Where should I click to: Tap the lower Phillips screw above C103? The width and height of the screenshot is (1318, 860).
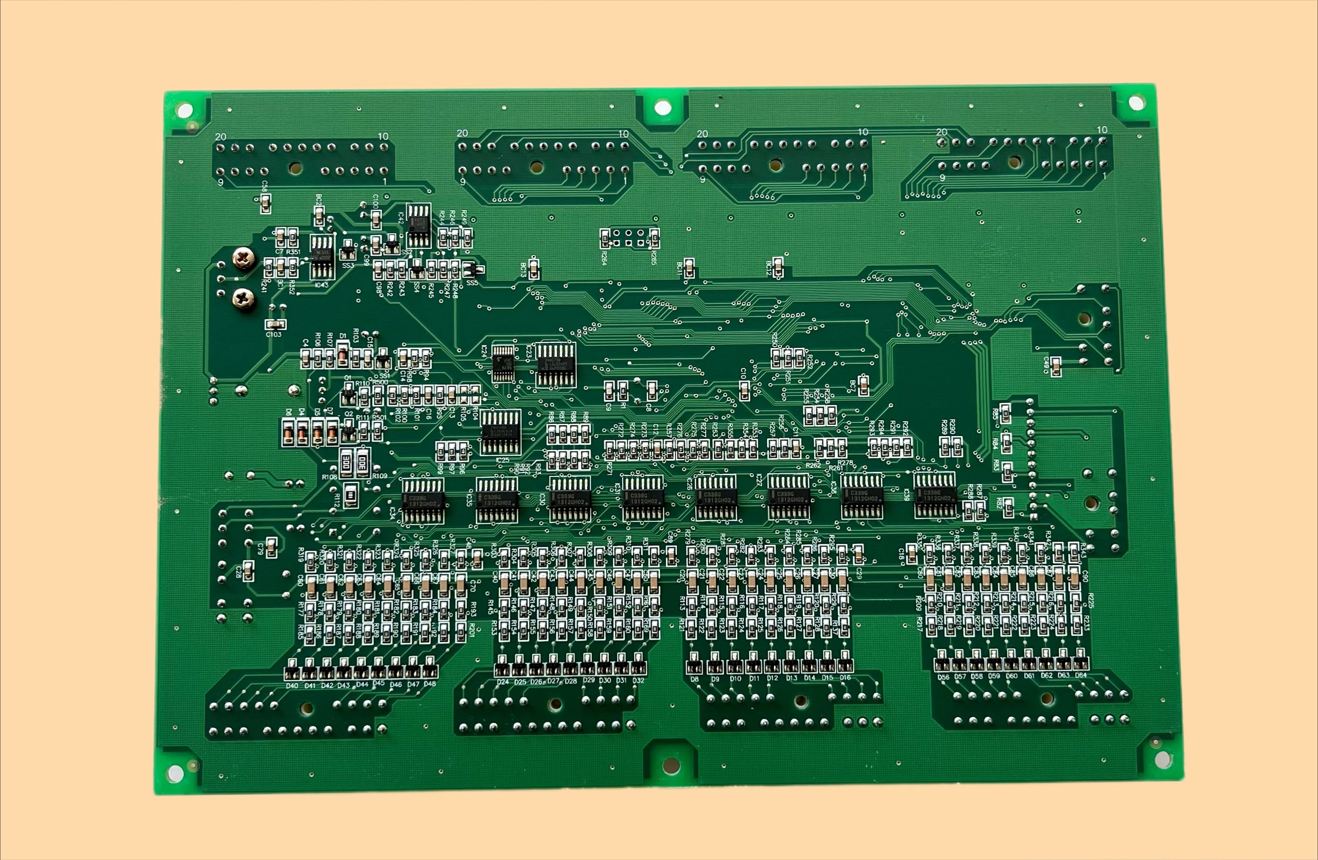(x=244, y=299)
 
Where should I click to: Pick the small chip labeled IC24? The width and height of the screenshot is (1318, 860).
(x=504, y=363)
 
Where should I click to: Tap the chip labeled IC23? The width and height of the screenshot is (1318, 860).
(x=556, y=364)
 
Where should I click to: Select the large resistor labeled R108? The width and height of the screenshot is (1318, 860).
(x=346, y=462)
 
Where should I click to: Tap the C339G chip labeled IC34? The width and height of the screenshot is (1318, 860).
(x=423, y=501)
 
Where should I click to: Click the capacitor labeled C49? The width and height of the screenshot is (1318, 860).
(x=1056, y=364)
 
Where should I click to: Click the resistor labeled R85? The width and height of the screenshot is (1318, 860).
(x=1006, y=412)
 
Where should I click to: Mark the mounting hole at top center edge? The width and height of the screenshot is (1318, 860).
(x=662, y=107)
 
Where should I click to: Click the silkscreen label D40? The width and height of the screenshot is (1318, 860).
(x=292, y=685)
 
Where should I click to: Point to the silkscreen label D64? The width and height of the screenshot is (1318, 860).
(x=1081, y=676)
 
